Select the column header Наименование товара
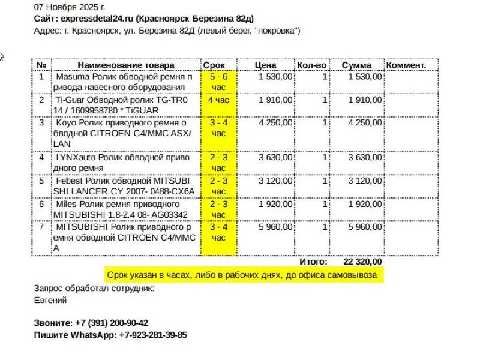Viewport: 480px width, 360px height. click(x=125, y=65)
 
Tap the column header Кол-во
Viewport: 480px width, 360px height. click(x=312, y=65)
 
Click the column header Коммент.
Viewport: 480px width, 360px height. click(x=406, y=65)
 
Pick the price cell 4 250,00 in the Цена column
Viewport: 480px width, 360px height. click(x=275, y=122)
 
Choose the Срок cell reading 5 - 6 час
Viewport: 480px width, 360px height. click(x=218, y=82)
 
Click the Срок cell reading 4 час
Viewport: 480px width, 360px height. click(x=218, y=100)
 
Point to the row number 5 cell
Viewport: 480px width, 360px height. click(x=41, y=180)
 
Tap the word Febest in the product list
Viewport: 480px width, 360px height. click(x=70, y=180)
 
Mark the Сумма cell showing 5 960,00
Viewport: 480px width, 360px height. click(x=364, y=227)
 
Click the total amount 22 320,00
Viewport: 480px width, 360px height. click(x=362, y=262)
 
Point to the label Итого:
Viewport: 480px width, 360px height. click(x=313, y=262)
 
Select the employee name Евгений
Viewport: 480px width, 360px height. click(x=50, y=300)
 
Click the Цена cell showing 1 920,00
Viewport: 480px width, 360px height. click(x=275, y=204)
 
